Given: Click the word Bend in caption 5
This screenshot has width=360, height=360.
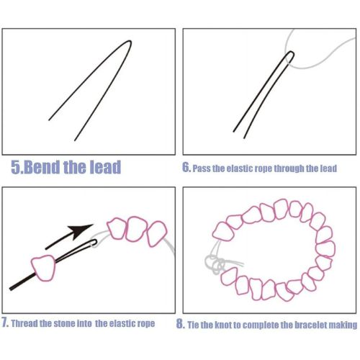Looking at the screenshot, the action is pyautogui.click(x=42, y=167).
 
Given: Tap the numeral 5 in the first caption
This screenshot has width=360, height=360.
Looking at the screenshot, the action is pyautogui.click(x=16, y=167).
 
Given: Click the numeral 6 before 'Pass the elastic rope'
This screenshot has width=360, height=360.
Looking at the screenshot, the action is pyautogui.click(x=186, y=167).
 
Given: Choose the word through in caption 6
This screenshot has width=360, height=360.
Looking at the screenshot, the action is pyautogui.click(x=289, y=168).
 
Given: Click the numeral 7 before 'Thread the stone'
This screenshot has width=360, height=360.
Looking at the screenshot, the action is pyautogui.click(x=5, y=323).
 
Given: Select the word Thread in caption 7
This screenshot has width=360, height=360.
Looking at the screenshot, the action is pyautogui.click(x=24, y=323).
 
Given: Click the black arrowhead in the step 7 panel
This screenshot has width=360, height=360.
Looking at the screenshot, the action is pyautogui.click(x=80, y=231).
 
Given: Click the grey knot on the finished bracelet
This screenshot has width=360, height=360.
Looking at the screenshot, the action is pyautogui.click(x=215, y=264).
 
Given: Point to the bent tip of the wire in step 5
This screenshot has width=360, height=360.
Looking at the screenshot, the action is pyautogui.click(x=130, y=42).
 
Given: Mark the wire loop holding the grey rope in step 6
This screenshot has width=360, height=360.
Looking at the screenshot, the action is pyautogui.click(x=291, y=54).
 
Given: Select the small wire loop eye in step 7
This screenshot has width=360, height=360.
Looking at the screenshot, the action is pyautogui.click(x=93, y=243).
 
